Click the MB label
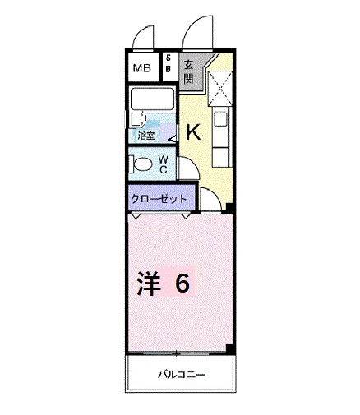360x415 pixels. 141,69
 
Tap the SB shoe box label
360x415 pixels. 168,63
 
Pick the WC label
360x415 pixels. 164,163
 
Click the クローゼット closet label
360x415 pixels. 159,199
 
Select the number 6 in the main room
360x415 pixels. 182,284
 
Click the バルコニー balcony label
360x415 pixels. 181,376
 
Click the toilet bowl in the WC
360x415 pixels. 141,164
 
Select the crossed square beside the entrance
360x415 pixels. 221,85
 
